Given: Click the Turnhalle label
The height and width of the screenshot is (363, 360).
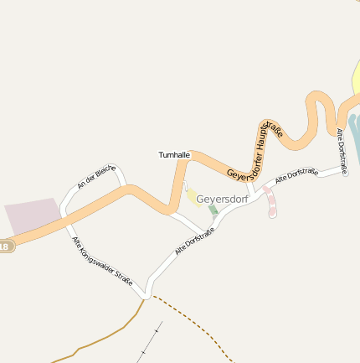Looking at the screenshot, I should (x=175, y=155).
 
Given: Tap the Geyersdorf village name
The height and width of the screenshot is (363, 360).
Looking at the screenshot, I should (x=222, y=199).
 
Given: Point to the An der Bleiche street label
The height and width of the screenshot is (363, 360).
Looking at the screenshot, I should (x=96, y=176).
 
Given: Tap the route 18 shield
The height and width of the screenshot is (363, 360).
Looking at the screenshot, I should (x=5, y=246).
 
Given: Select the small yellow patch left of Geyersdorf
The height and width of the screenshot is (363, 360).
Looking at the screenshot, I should (x=193, y=196).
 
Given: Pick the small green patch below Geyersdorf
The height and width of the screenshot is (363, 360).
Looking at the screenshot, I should (x=213, y=210).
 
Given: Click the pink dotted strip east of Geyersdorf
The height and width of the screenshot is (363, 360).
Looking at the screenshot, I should (x=270, y=201).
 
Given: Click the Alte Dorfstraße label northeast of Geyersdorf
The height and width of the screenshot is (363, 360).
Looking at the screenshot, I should (x=296, y=176).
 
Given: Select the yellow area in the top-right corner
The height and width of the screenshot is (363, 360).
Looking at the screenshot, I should (x=356, y=84).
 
